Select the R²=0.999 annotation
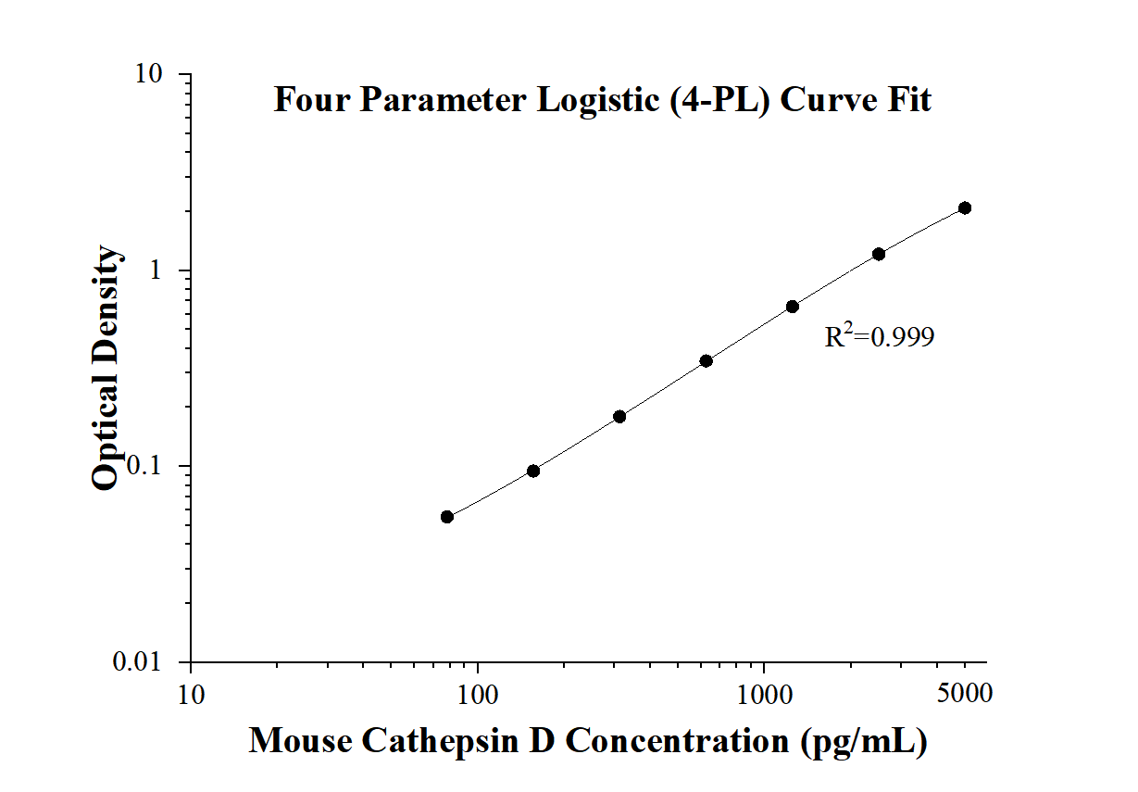[x=879, y=336]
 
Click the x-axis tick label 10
[x=191, y=693]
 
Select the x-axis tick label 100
[x=478, y=693]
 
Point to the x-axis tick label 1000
[x=765, y=693]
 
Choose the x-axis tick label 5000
[x=965, y=693]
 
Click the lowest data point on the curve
[x=447, y=517]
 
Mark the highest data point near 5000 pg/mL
[x=965, y=208]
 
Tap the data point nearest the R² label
[x=793, y=307]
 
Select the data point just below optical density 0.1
[x=533, y=471]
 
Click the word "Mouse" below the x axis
[x=299, y=740]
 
